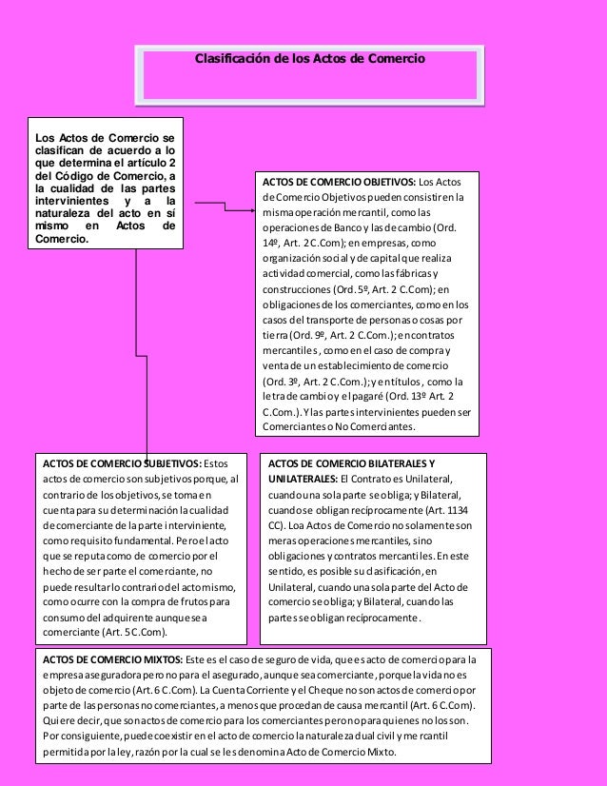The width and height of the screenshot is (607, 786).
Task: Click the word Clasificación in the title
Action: pos(231,59)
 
